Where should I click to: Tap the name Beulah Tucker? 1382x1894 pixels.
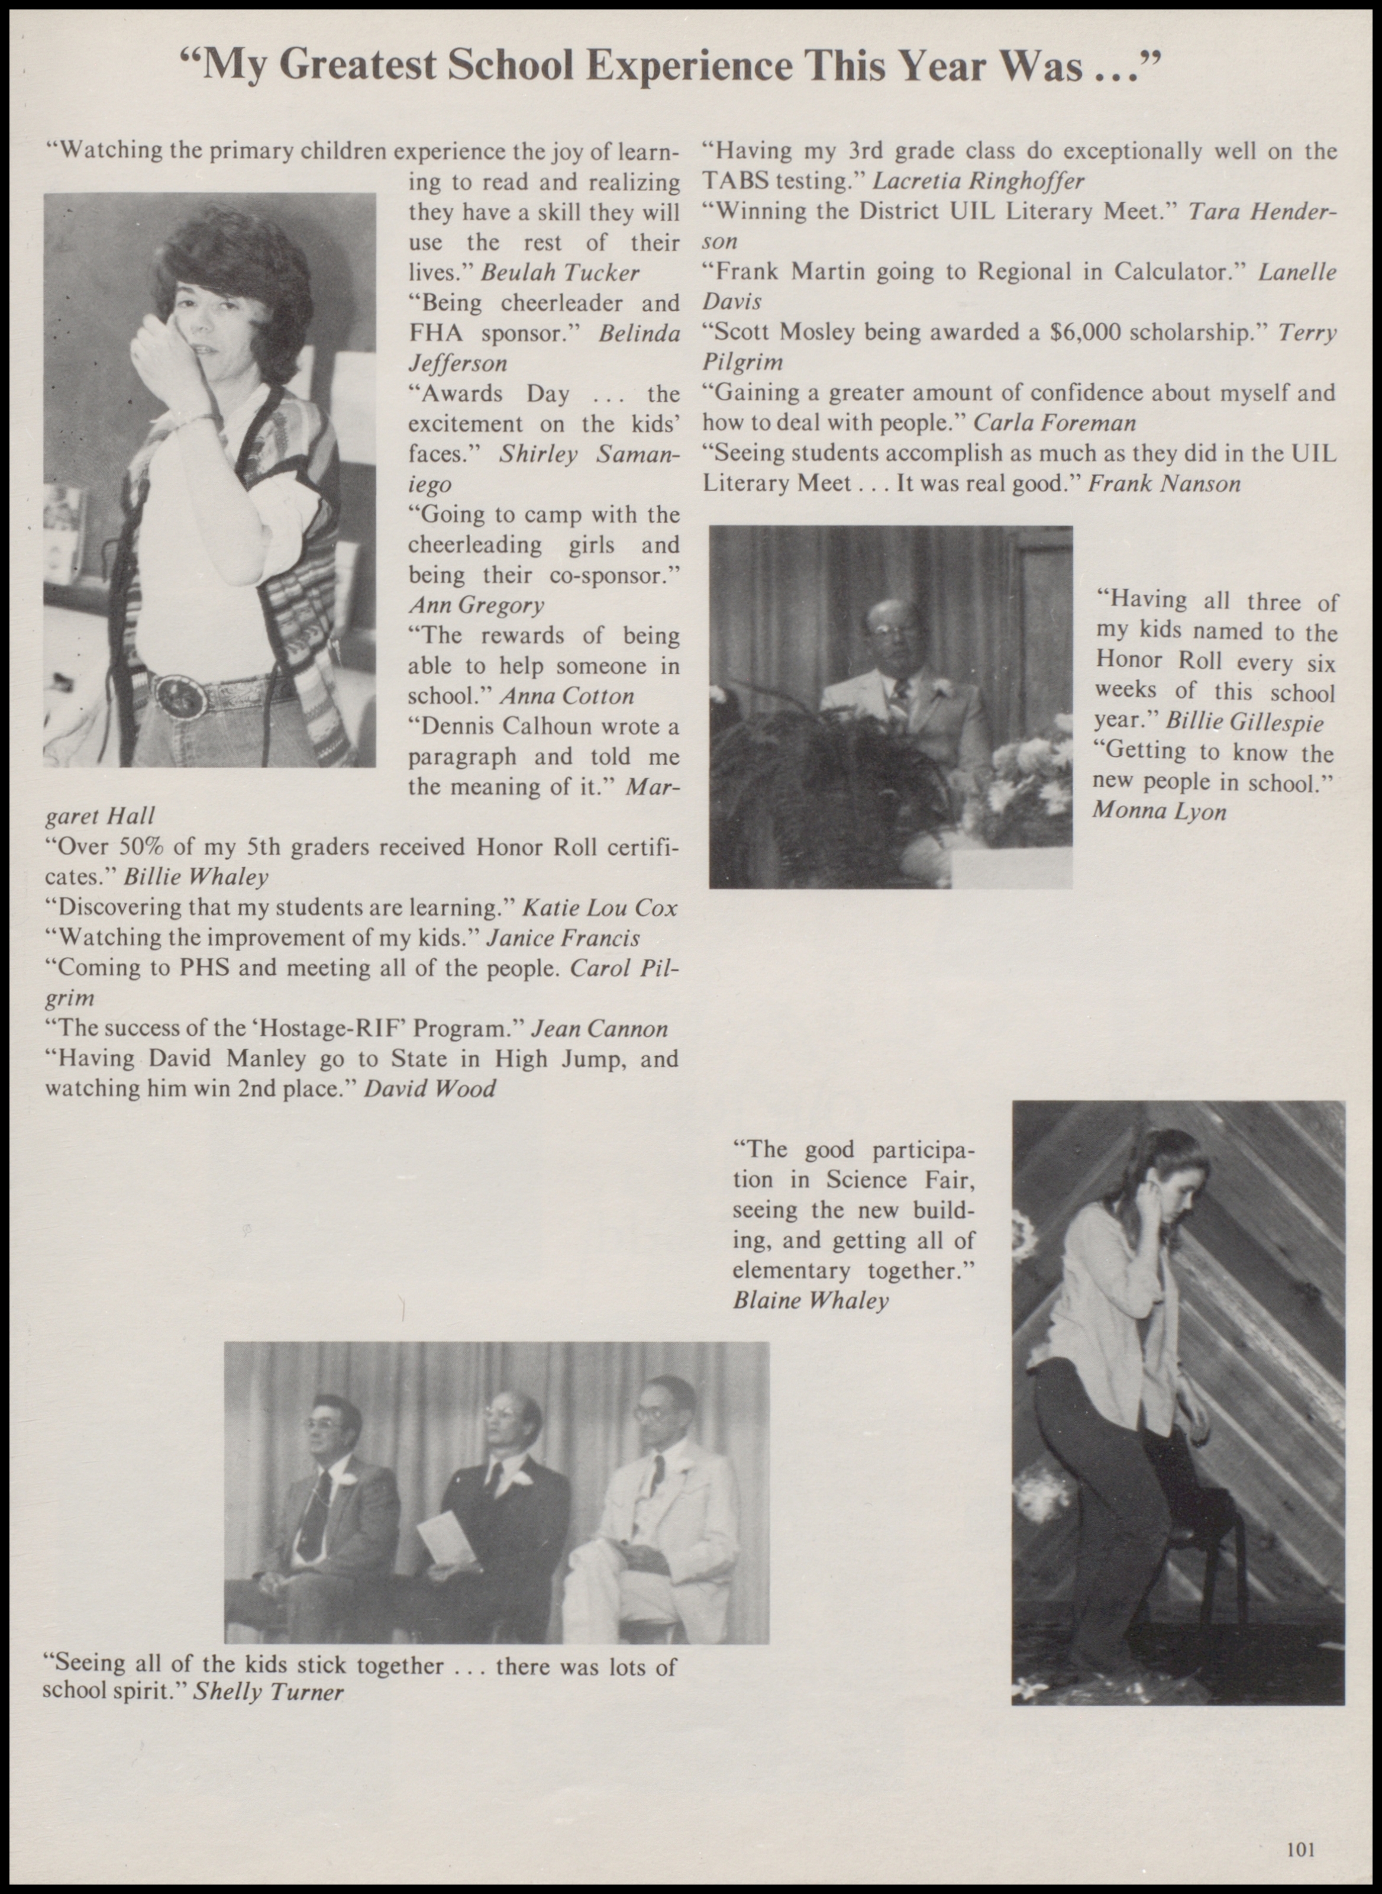(560, 272)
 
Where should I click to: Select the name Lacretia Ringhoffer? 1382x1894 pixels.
(979, 181)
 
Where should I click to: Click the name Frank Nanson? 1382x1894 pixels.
(1164, 483)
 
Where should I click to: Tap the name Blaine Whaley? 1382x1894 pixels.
(810, 1300)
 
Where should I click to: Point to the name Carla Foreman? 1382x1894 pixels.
(1055, 423)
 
